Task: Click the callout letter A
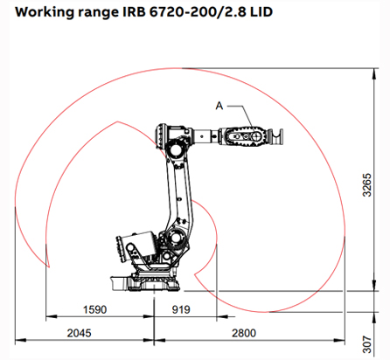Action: click(220, 105)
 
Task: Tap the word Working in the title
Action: click(37, 13)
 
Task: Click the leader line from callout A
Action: click(238, 116)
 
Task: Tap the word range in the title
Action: click(89, 13)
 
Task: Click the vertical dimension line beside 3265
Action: click(365, 185)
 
